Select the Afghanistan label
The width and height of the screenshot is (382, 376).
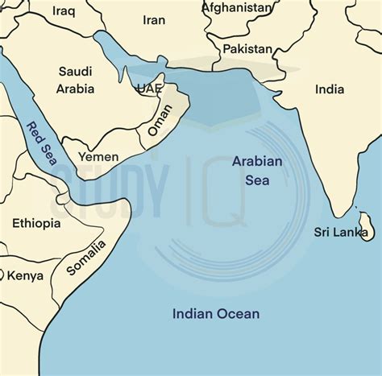pyautogui.click(x=237, y=7)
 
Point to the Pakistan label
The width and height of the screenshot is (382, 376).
pyautogui.click(x=247, y=49)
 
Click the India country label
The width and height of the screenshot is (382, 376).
pyautogui.click(x=329, y=89)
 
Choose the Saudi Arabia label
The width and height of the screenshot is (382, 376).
pyautogui.click(x=76, y=80)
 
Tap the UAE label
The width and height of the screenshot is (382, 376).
pyautogui.click(x=150, y=88)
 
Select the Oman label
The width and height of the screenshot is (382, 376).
pyautogui.click(x=160, y=119)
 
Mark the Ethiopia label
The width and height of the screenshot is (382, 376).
pyautogui.click(x=36, y=223)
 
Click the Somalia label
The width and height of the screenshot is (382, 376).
pyautogui.click(x=85, y=258)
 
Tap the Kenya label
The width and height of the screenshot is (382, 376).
pyautogui.click(x=25, y=275)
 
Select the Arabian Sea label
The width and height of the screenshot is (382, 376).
pyautogui.click(x=257, y=171)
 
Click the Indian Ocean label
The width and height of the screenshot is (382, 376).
pyautogui.click(x=216, y=313)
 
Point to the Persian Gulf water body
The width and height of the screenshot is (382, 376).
pyautogui.click(x=121, y=54)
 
